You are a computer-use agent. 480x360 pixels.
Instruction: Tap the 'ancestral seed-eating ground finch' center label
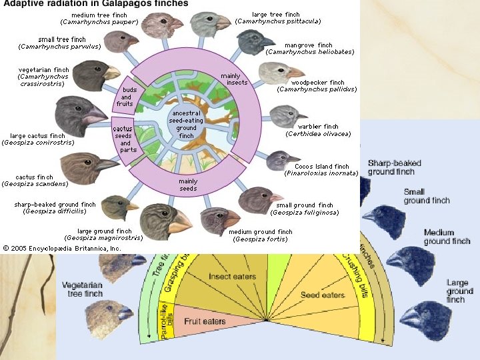187,125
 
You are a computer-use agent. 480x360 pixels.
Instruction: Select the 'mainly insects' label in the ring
236,79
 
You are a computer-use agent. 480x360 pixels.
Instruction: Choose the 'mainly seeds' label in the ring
188,185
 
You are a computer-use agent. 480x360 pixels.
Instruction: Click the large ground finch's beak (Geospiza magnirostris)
179,225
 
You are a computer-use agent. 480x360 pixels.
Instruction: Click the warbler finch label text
318,130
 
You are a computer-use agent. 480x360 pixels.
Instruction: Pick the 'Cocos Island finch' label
322,170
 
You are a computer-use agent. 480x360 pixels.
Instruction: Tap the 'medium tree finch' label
99,18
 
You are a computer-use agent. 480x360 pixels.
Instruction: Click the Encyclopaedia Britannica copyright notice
62,248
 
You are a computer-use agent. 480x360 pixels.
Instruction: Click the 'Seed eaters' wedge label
323,295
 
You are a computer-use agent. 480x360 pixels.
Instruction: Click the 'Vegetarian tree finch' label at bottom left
83,289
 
